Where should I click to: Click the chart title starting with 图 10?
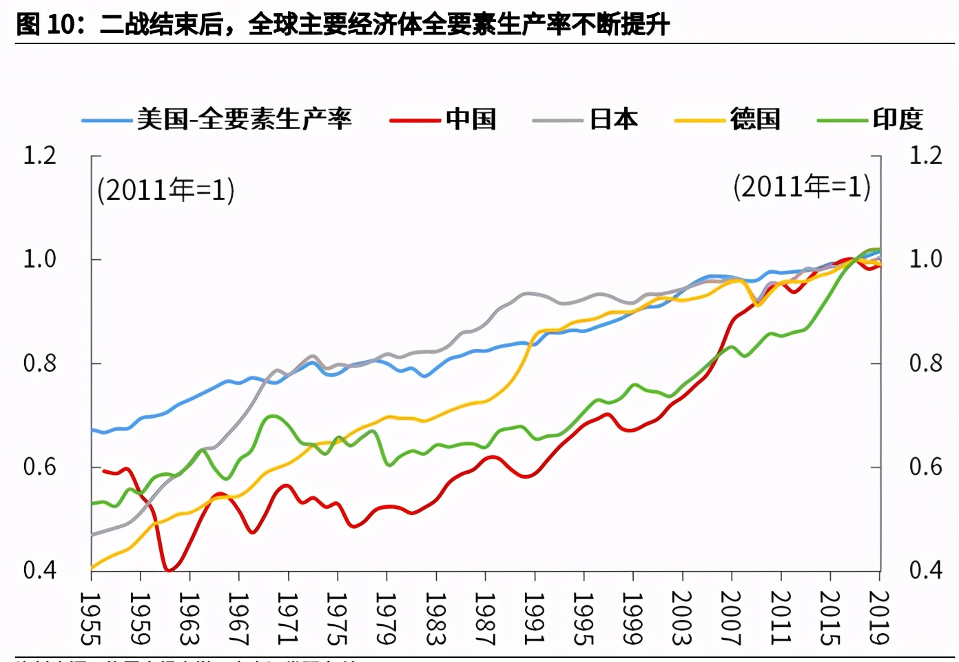(342, 25)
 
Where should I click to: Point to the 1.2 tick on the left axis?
(40, 156)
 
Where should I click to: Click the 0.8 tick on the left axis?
(40, 363)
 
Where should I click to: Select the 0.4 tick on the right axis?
(925, 570)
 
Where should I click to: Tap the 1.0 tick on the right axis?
(925, 259)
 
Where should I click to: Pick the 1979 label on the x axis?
(386, 618)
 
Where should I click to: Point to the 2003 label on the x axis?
(681, 618)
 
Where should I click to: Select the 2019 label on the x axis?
(878, 618)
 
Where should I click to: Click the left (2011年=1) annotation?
(166, 190)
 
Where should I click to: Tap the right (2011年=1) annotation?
(802, 187)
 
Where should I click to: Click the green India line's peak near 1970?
(273, 416)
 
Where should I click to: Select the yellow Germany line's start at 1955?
(92, 568)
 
